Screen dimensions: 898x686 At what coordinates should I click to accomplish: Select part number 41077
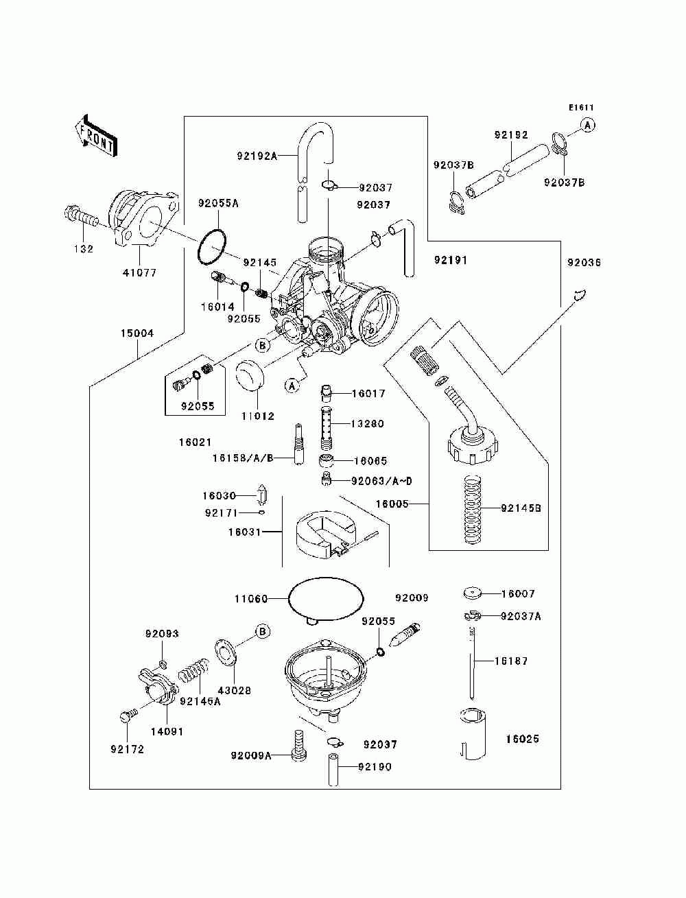click(x=139, y=272)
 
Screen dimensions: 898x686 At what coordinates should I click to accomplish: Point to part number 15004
click(x=137, y=333)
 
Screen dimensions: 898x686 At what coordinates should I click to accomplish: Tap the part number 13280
click(x=368, y=424)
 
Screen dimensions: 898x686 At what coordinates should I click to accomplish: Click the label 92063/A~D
click(x=381, y=482)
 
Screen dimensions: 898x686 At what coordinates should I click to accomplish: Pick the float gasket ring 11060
click(x=326, y=599)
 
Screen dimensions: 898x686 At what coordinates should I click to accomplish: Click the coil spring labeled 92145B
click(x=472, y=510)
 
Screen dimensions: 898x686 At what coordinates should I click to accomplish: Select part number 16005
click(x=392, y=504)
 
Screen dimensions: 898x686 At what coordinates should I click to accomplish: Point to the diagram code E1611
click(x=580, y=107)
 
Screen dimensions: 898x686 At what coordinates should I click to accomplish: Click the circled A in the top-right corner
click(x=587, y=125)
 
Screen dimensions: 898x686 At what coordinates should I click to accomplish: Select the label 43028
click(x=234, y=691)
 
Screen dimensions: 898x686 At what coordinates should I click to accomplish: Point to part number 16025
click(x=522, y=739)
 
